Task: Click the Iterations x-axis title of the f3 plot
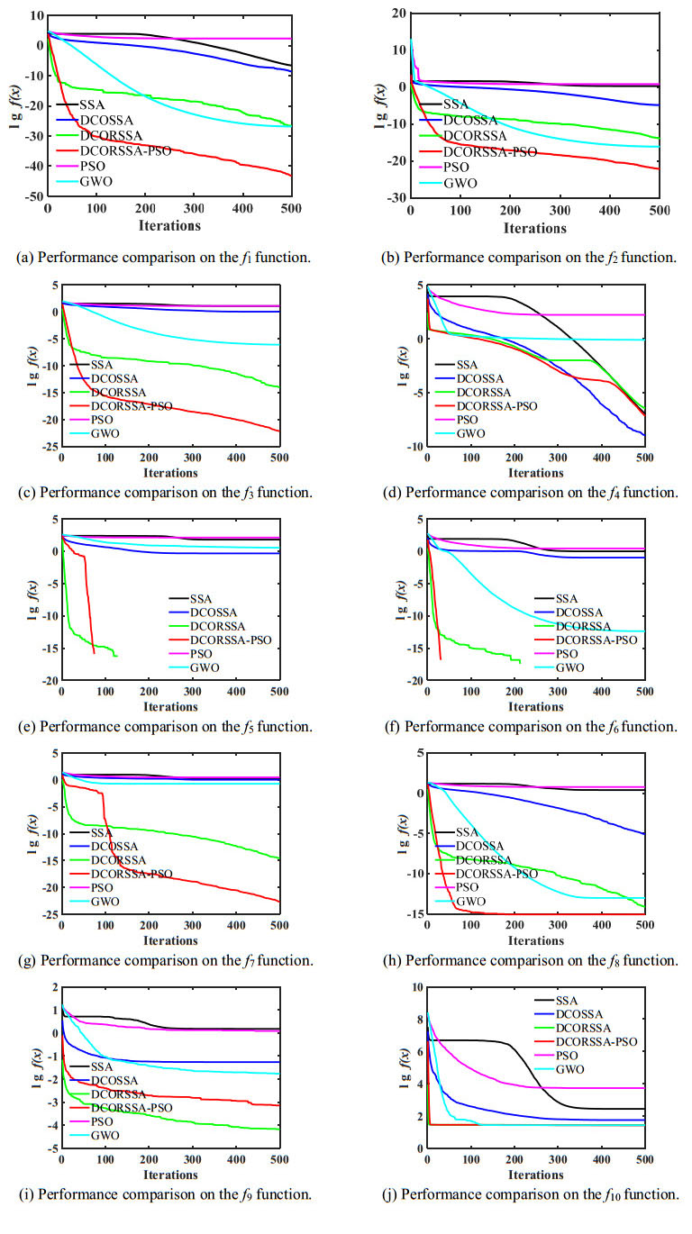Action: pos(170,472)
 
